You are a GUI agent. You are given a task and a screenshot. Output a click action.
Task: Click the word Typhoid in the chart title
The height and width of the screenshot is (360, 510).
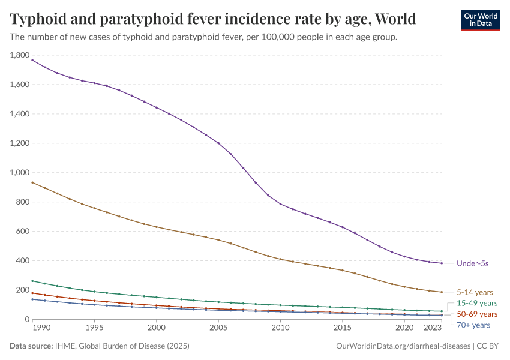[39, 19]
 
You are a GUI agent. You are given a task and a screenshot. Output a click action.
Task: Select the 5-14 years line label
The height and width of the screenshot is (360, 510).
[475, 292]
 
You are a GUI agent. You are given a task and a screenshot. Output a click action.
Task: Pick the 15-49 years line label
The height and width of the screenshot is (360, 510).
[477, 304]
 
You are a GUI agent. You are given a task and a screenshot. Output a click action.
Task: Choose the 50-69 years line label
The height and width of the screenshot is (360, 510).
[477, 314]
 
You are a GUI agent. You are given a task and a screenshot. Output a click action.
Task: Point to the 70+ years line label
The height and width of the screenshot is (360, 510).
[473, 325]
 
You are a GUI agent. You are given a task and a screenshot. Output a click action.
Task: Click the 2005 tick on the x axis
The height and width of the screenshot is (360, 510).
[218, 328]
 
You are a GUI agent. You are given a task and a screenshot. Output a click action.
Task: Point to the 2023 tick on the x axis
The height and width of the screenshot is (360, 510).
[434, 328]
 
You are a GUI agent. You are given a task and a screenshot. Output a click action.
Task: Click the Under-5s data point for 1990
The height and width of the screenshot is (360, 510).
[32, 60]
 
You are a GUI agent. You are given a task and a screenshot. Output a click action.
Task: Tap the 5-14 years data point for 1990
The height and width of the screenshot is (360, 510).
[32, 182]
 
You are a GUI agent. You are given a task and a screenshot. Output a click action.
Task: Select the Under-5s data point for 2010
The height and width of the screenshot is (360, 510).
[280, 204]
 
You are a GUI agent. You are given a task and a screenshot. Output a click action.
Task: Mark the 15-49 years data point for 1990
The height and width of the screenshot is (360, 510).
[32, 281]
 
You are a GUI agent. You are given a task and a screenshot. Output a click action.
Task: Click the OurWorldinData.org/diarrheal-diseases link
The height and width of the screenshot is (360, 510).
[403, 346]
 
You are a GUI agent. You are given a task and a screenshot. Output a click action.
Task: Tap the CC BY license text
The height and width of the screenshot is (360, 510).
[488, 346]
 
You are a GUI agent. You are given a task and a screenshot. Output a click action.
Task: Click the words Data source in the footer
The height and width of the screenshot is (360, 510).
[30, 346]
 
